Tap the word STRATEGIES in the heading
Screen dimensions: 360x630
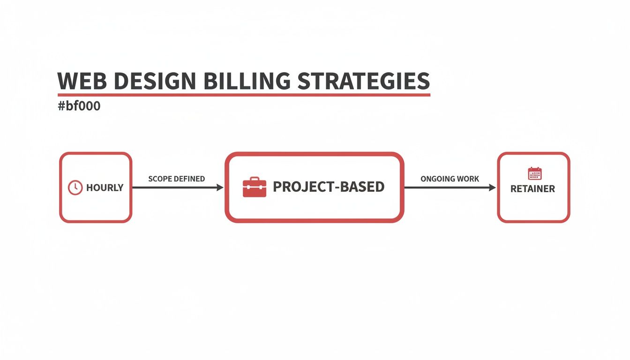pyautogui.click(x=364, y=82)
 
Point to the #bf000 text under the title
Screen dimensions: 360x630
pyautogui.click(x=79, y=106)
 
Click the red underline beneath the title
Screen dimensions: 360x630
pyautogui.click(x=244, y=95)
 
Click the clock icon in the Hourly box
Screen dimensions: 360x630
pyautogui.click(x=75, y=187)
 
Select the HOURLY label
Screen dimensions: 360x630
pyautogui.click(x=105, y=188)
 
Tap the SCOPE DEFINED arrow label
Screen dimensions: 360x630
pyautogui.click(x=176, y=179)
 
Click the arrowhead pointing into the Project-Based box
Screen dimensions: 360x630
pyautogui.click(x=220, y=187)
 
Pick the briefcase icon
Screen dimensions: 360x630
pyautogui.click(x=254, y=187)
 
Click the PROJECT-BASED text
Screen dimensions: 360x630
pyautogui.click(x=328, y=187)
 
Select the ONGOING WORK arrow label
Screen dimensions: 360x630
pyautogui.click(x=450, y=179)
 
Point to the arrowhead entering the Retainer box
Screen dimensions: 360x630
pyautogui.click(x=492, y=187)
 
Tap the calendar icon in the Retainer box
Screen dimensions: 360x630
pyautogui.click(x=534, y=173)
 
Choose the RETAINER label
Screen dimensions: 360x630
pyautogui.click(x=532, y=189)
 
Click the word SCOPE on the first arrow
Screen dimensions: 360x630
pyautogui.click(x=160, y=179)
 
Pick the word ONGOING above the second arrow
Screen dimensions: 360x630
pyautogui.click(x=437, y=179)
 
